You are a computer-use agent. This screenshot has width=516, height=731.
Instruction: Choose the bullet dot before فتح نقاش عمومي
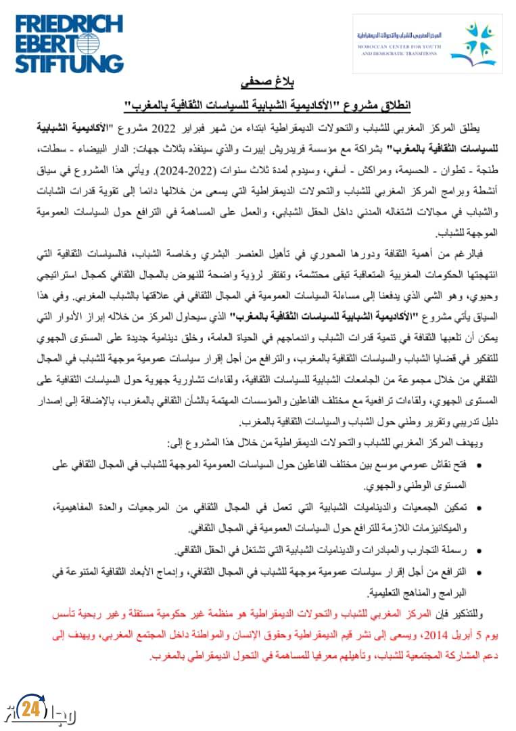(x=479, y=466)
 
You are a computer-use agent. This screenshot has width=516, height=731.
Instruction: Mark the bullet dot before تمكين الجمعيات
(x=479, y=507)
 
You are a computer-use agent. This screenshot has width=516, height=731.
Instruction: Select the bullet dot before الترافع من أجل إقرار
(x=479, y=573)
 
